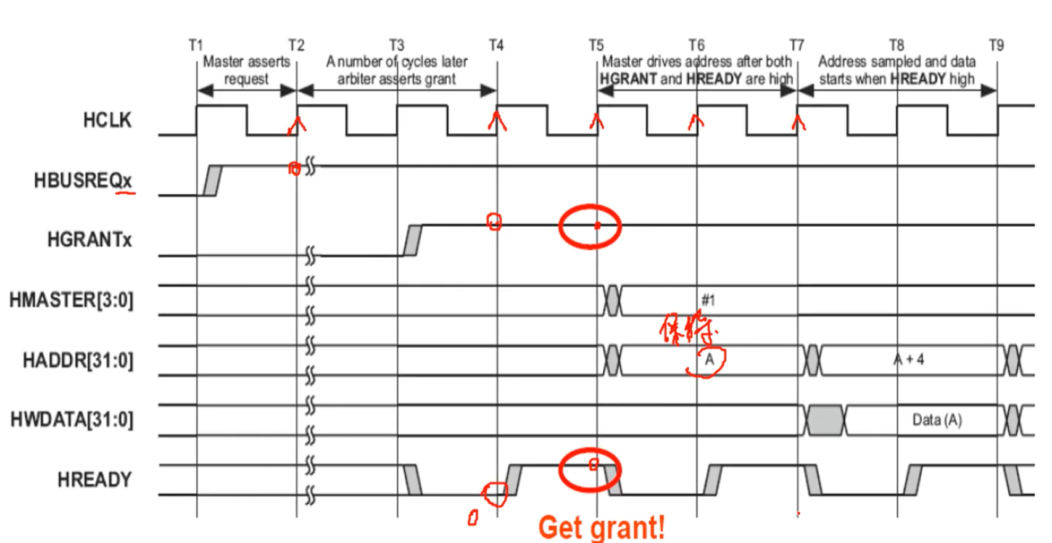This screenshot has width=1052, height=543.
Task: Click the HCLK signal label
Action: tap(107, 120)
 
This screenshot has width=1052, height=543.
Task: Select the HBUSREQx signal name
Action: tap(83, 181)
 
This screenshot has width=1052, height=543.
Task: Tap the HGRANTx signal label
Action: tap(89, 239)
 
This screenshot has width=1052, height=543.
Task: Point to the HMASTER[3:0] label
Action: tap(71, 300)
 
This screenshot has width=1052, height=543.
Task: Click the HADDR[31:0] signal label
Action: tap(78, 360)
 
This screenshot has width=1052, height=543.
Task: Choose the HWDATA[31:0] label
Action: tap(72, 420)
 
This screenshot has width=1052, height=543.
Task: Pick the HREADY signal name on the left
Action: tap(94, 480)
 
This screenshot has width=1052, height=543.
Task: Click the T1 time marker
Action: tap(196, 45)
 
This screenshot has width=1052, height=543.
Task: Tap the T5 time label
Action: tap(596, 45)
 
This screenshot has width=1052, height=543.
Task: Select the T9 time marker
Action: tap(996, 45)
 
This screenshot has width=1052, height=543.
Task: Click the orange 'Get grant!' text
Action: tap(602, 528)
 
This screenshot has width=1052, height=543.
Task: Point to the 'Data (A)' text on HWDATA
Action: tap(937, 420)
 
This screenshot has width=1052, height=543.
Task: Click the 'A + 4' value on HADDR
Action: tap(909, 360)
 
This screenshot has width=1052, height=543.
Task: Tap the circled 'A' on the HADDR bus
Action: tap(710, 360)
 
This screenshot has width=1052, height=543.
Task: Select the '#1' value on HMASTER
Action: tap(708, 300)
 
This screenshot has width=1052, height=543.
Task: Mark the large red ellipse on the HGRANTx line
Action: tap(590, 226)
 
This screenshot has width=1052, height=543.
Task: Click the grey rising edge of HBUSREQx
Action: tap(212, 181)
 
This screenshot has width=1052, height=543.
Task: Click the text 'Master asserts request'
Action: tap(246, 70)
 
